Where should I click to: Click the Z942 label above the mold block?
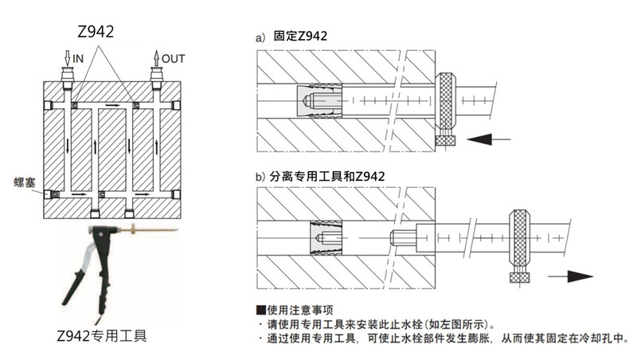click(x=95, y=32)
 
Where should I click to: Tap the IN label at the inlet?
click(x=78, y=59)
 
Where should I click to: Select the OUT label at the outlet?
click(x=173, y=59)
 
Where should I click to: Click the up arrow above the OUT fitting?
click(x=156, y=57)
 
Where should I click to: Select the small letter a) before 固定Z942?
click(x=260, y=37)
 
